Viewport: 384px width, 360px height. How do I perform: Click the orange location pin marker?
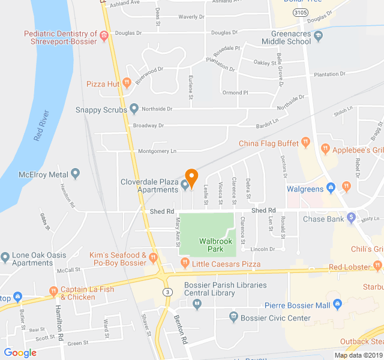pyautogui.click(x=191, y=177)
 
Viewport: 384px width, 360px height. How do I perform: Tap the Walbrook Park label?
pyautogui.click(x=211, y=245)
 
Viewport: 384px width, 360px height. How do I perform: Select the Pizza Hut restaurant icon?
pyautogui.click(x=126, y=83)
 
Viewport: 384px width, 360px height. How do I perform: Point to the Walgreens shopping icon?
pyautogui.click(x=330, y=188)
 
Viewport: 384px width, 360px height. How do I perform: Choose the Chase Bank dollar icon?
pyautogui.click(x=351, y=217)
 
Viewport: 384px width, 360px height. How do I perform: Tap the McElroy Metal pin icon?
pyautogui.click(x=75, y=175)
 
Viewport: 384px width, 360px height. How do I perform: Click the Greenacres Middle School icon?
pyautogui.click(x=318, y=35)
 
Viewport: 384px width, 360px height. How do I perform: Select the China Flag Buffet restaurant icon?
pyautogui.click(x=305, y=143)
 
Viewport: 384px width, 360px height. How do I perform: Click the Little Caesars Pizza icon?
pyautogui.click(x=185, y=263)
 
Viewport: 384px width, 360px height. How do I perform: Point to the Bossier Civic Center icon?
pyautogui.click(x=233, y=317)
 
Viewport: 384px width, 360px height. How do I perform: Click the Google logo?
pyautogui.click(x=20, y=353)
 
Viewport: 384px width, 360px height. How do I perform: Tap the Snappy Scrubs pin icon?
pyautogui.click(x=134, y=109)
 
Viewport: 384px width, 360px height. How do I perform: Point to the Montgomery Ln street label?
pyautogui.click(x=157, y=151)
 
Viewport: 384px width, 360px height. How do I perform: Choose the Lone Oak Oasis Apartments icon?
pyautogui.click(x=5, y=257)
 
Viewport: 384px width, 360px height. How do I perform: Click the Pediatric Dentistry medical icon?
pyautogui.click(x=104, y=35)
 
